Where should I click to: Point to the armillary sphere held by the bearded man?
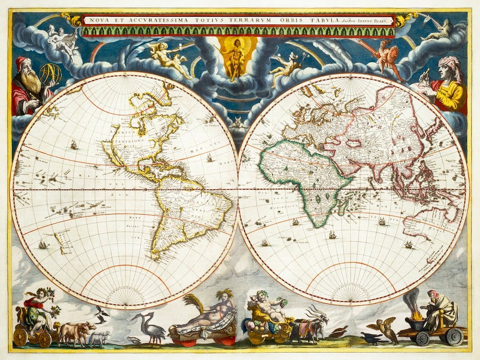[x=50, y=74]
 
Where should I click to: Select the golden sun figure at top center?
[x=235, y=57]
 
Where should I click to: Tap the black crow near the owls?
[x=371, y=339]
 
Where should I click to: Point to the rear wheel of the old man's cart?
[x=453, y=337]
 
